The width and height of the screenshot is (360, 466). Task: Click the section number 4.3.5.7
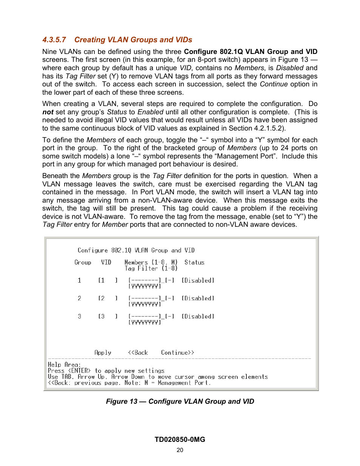pyautogui.click(x=54, y=40)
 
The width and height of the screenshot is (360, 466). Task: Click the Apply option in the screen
pyautogui.click(x=103, y=352)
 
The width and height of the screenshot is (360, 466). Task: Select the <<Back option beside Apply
pyautogui.click(x=138, y=352)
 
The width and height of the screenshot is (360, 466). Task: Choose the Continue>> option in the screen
pyautogui.click(x=177, y=352)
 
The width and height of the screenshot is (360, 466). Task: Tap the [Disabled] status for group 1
pyautogui.click(x=198, y=280)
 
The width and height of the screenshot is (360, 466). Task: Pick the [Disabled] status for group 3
pyautogui.click(x=198, y=316)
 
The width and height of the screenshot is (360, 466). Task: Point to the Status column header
pyautogui.click(x=194, y=262)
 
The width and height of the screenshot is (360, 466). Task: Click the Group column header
pyautogui.click(x=83, y=262)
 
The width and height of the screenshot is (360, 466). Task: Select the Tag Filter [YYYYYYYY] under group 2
pyautogui.click(x=145, y=304)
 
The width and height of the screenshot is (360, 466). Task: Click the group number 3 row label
pyautogui.click(x=79, y=316)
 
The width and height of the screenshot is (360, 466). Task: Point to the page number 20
pyautogui.click(x=180, y=450)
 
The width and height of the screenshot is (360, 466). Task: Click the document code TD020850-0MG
pyautogui.click(x=180, y=440)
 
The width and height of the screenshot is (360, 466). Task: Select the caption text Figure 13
pyautogui.click(x=122, y=401)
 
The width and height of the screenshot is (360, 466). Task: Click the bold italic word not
pyautogui.click(x=48, y=112)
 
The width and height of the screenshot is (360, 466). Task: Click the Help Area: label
pyautogui.click(x=64, y=364)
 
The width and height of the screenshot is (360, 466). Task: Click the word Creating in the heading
pyautogui.click(x=90, y=40)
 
